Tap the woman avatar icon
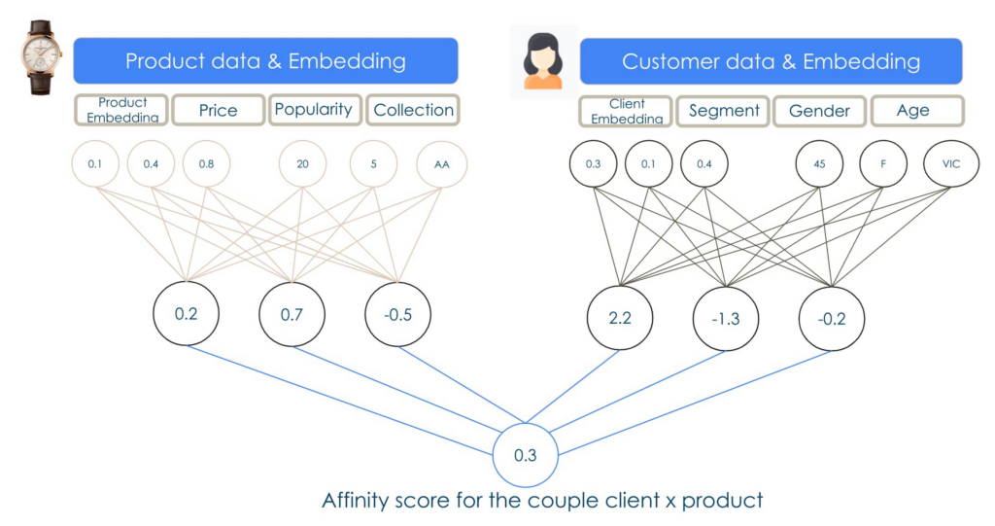(543, 61)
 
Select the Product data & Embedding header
(265, 61)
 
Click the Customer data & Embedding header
(771, 61)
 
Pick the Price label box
(218, 110)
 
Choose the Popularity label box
(314, 109)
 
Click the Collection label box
(413, 110)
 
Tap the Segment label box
(723, 111)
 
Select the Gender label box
(819, 111)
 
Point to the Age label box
(914, 111)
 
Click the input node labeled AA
(442, 164)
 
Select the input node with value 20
(303, 164)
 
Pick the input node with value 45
(819, 164)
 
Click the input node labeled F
(883, 164)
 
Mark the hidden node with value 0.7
(292, 315)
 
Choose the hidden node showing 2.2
(619, 317)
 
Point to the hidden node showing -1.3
(725, 318)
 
